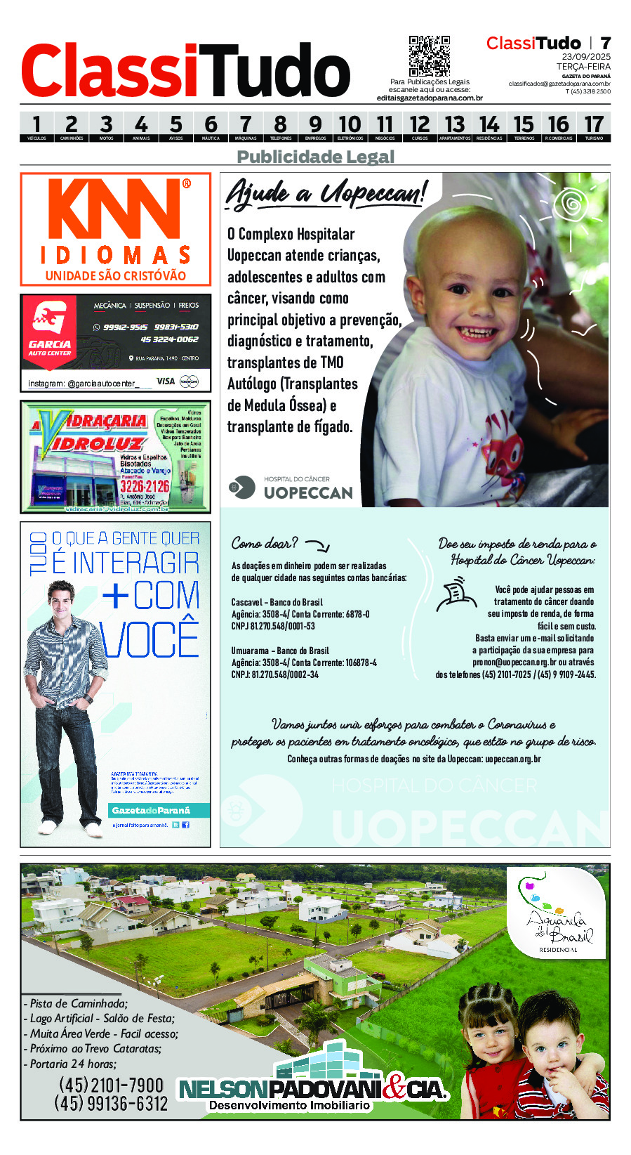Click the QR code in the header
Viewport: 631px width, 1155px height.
[x=429, y=56]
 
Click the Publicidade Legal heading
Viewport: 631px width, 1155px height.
[x=316, y=157]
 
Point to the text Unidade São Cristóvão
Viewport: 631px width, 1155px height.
[x=116, y=275]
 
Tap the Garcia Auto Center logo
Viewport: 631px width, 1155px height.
[x=50, y=327]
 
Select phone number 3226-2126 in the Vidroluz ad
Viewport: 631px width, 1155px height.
[x=144, y=486]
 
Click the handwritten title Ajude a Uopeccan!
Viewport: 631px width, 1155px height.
[x=326, y=192]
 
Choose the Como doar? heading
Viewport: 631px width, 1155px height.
[x=265, y=543]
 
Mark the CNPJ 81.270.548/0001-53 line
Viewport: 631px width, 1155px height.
[x=273, y=626]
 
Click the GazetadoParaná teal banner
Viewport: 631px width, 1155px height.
[x=151, y=810]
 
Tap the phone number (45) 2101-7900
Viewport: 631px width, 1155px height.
[x=111, y=1085]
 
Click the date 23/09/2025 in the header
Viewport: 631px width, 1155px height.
[x=586, y=56]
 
